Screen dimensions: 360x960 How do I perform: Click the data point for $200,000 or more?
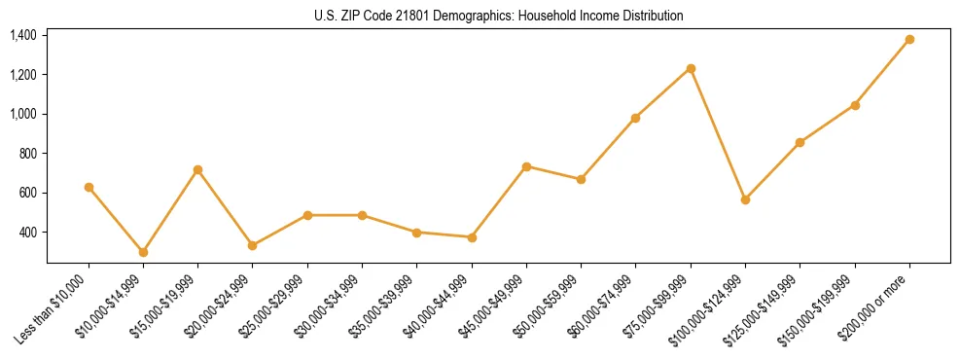click(x=909, y=39)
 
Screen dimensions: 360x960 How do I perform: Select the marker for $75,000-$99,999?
click(x=691, y=68)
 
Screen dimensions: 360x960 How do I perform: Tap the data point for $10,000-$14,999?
click(x=143, y=252)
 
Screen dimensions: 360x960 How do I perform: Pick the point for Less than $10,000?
click(x=89, y=187)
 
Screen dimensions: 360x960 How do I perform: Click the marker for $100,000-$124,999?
click(x=745, y=199)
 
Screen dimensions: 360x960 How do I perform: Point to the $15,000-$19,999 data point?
click(x=197, y=169)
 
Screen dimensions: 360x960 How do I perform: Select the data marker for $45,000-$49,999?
click(x=526, y=166)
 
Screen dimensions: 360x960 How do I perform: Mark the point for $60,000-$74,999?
click(x=635, y=118)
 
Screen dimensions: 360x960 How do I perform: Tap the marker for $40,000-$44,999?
click(x=472, y=237)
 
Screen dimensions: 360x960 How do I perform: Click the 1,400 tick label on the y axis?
click(x=23, y=35)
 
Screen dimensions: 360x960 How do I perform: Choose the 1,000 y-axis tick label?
click(x=23, y=114)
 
